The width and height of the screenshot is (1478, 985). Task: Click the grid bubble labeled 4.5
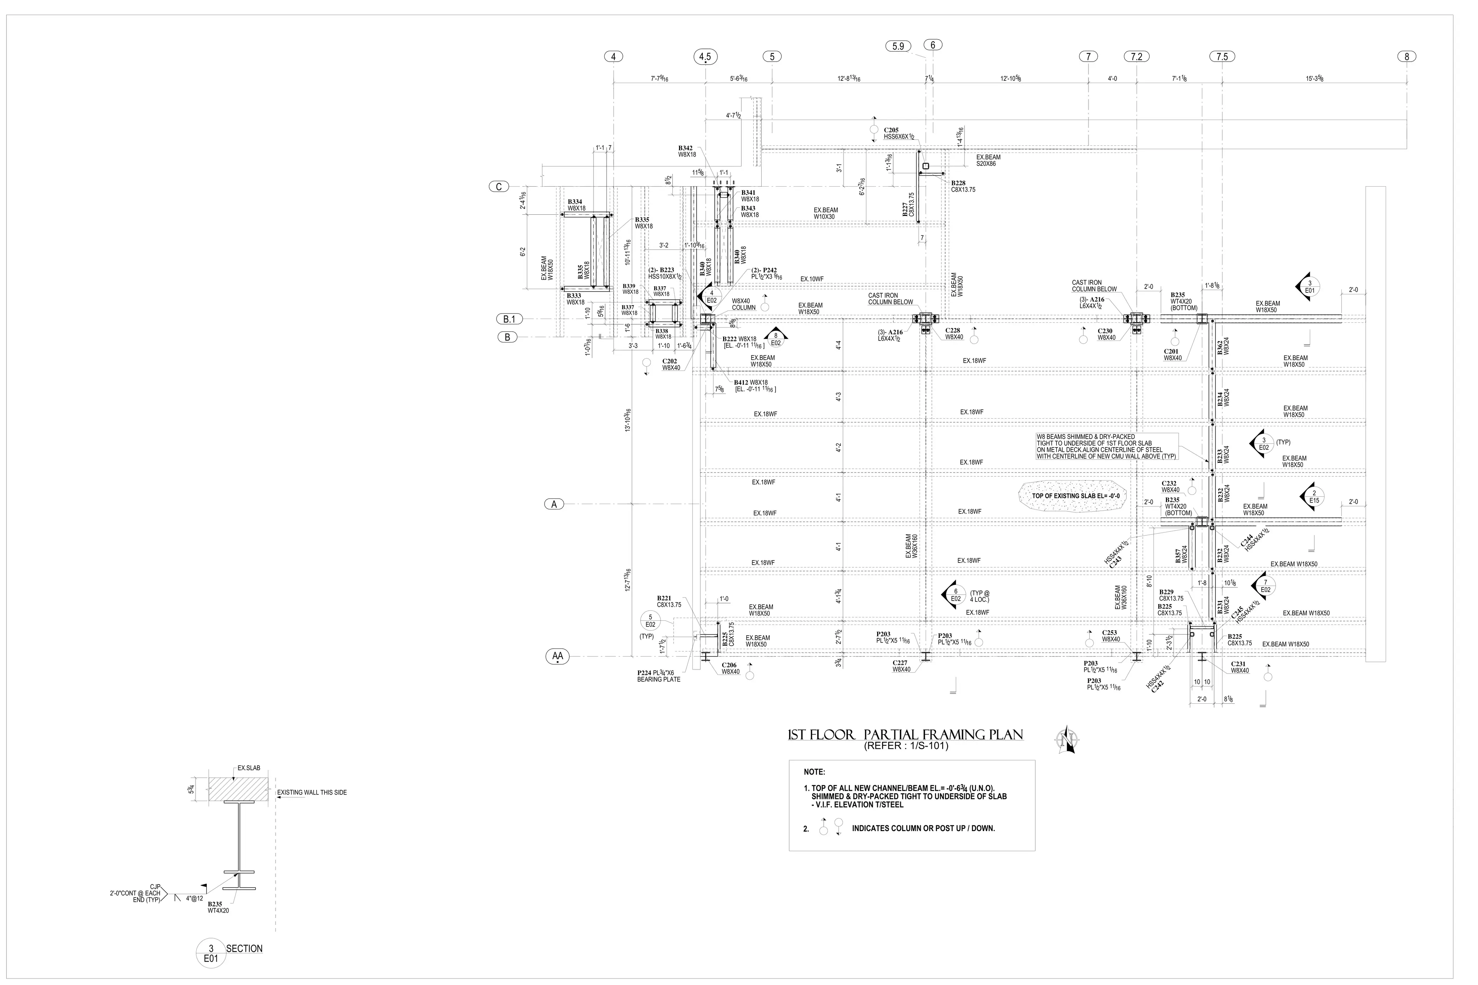pyautogui.click(x=705, y=57)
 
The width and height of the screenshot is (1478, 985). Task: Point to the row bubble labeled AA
pyautogui.click(x=557, y=656)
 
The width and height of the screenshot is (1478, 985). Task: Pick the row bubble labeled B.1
pyautogui.click(x=509, y=319)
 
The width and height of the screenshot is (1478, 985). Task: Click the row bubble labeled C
pyautogui.click(x=498, y=187)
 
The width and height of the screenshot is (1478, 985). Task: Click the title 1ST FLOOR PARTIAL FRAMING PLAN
pyautogui.click(x=905, y=735)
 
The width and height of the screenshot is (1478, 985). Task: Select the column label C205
pyautogui.click(x=891, y=130)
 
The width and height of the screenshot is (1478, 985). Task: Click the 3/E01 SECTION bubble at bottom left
pyautogui.click(x=211, y=953)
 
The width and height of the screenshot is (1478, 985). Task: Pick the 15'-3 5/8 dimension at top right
pyautogui.click(x=1315, y=78)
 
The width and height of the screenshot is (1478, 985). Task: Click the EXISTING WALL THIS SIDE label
pyautogui.click(x=312, y=792)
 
